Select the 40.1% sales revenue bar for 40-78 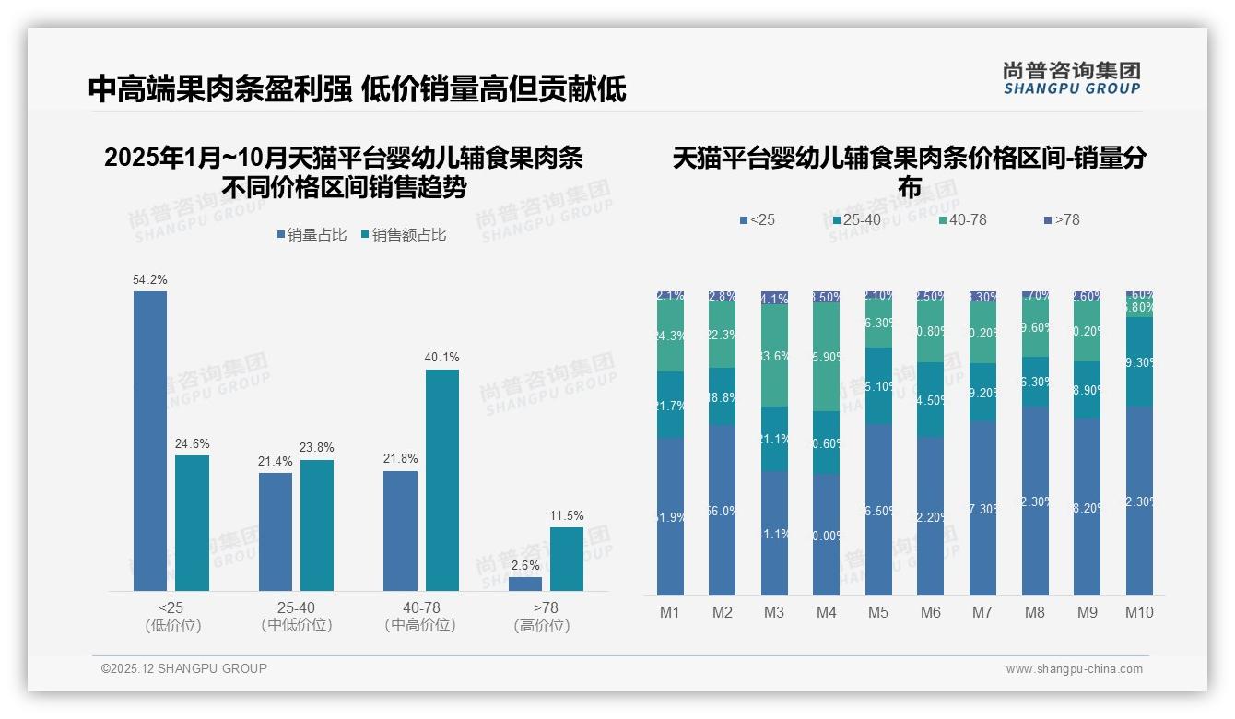point(441,479)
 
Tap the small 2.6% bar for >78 point(525,583)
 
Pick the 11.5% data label point(566,516)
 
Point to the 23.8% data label point(317,448)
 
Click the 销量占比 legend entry point(312,235)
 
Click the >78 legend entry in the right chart point(1061,220)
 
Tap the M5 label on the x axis point(877,612)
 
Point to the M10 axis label point(1139,612)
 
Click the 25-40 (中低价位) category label point(296,617)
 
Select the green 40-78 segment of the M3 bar point(774,355)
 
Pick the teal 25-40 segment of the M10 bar point(1139,362)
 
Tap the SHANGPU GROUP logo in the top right point(1071,77)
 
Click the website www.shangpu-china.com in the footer point(1074,669)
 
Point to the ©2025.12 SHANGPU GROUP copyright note point(184,668)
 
